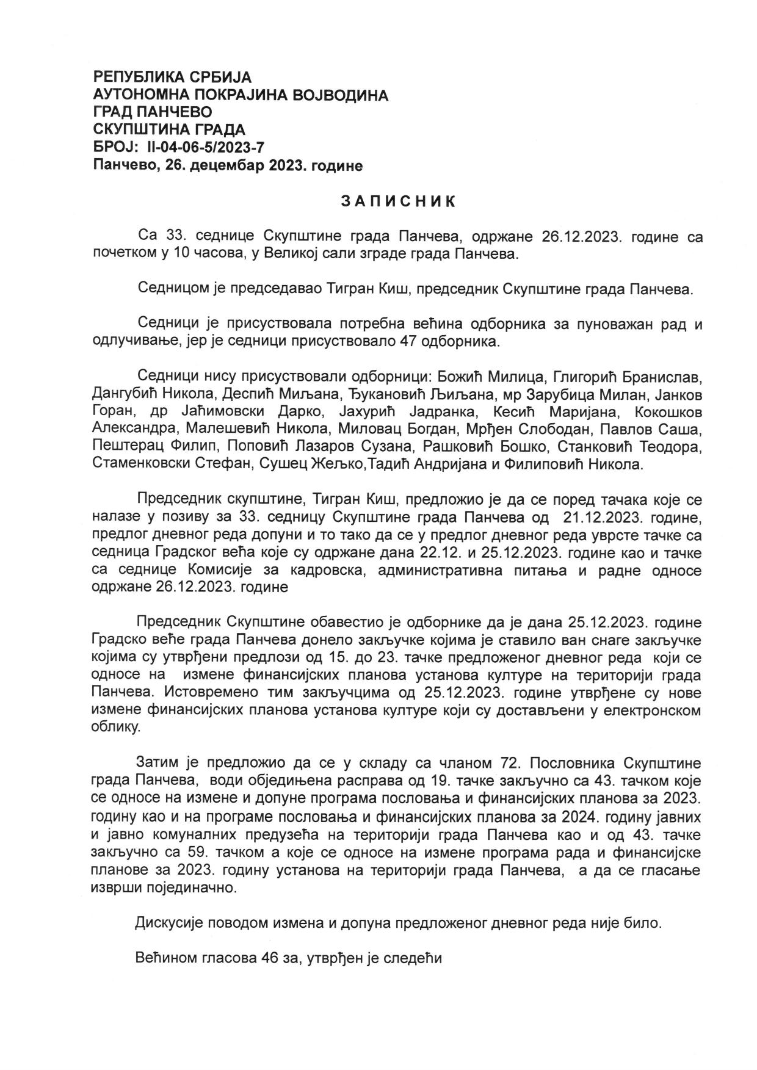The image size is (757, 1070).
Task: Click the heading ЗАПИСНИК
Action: pos(397,201)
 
